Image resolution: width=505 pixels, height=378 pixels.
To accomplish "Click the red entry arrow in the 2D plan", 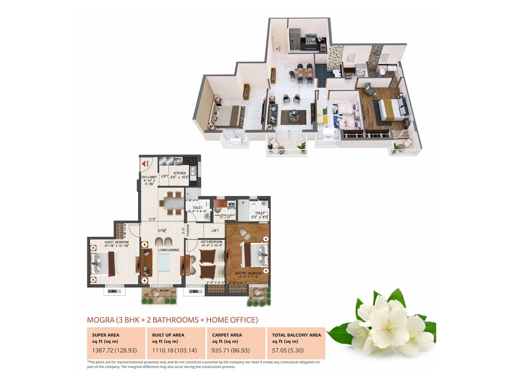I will (x=144, y=164).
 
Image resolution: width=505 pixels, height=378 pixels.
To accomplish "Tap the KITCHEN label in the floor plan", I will (x=180, y=173).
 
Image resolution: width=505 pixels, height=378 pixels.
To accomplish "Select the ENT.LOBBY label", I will (x=149, y=177).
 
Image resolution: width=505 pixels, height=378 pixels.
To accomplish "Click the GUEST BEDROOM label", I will (x=116, y=242).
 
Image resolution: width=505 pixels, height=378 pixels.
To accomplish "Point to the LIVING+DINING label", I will (x=169, y=250).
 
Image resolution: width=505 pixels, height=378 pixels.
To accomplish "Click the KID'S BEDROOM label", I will (x=211, y=242).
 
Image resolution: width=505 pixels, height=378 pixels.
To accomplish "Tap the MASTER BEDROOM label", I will (x=248, y=273).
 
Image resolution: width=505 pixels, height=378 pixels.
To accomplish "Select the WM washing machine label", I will (x=231, y=204).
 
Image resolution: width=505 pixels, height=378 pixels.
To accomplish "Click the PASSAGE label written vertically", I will (x=188, y=230).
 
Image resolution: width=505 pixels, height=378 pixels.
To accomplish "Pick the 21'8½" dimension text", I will (x=162, y=231).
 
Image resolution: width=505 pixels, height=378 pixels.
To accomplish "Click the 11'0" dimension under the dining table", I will (x=152, y=219).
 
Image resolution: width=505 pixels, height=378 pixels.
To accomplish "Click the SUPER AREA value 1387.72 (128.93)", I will (x=114, y=350).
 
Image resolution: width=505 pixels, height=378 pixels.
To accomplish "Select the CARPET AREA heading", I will (x=227, y=335).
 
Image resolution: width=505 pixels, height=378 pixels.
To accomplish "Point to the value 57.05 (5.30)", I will (x=288, y=350).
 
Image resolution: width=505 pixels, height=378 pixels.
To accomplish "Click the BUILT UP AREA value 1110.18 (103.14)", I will (x=174, y=350).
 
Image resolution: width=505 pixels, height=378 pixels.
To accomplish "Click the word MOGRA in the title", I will (x=100, y=320).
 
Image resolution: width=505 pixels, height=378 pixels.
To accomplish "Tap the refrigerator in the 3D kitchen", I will (x=295, y=39).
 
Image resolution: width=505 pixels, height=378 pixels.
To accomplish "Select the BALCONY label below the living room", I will (x=165, y=290).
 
